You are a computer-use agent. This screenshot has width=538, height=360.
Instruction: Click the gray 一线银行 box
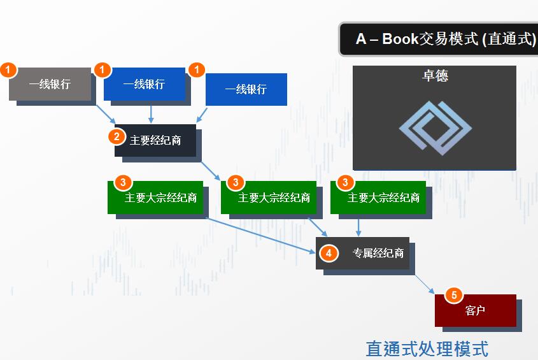point(50,84)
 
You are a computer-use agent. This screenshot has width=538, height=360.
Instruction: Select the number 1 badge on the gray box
point(8,69)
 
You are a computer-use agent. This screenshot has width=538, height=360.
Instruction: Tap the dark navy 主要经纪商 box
point(155,140)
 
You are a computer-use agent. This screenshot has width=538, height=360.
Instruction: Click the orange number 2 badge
point(117,136)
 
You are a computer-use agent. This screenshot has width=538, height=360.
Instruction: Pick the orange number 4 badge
point(328,253)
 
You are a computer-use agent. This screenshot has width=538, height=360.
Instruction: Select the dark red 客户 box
point(475,310)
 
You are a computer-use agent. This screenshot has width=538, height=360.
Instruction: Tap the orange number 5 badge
point(454,295)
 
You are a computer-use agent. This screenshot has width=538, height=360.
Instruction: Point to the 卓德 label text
point(435,75)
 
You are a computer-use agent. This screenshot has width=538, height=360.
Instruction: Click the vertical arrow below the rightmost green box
point(358,226)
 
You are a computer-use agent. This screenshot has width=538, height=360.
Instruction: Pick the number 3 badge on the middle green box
point(236,183)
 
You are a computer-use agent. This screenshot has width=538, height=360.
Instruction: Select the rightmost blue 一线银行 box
point(246,89)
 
